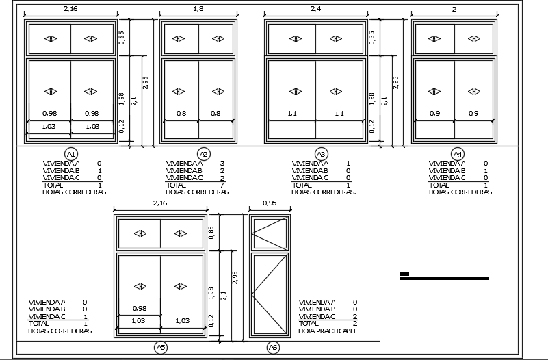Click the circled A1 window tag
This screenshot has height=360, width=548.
tap(71, 154)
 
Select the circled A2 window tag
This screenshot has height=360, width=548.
tap(204, 154)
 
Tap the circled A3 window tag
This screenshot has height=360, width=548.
tap(321, 154)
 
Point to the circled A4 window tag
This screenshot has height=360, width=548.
tap(458, 154)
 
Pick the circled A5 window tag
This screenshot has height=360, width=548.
tap(160, 348)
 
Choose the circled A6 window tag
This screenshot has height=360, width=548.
tap(273, 348)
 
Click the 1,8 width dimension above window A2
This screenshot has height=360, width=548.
tap(198, 9)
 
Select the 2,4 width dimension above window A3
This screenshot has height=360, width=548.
tap(315, 9)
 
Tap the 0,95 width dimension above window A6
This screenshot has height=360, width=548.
tap(270, 203)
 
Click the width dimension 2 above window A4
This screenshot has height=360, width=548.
tap(454, 10)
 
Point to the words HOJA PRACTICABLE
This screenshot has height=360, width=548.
tap(328, 331)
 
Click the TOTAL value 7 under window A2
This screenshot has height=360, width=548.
tap(222, 185)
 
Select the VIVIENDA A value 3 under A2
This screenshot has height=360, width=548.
tap(222, 163)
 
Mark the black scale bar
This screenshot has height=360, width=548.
tap(444, 277)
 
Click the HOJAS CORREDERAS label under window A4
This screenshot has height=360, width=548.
tap(460, 192)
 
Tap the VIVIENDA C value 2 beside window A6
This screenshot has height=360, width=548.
tap(355, 317)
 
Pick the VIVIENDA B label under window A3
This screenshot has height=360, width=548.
tap(310, 171)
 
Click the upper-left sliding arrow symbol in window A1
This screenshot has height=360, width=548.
tap(51, 38)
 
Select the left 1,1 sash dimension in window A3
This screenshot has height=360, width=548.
tap(292, 113)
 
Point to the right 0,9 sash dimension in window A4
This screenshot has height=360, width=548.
tap(473, 113)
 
